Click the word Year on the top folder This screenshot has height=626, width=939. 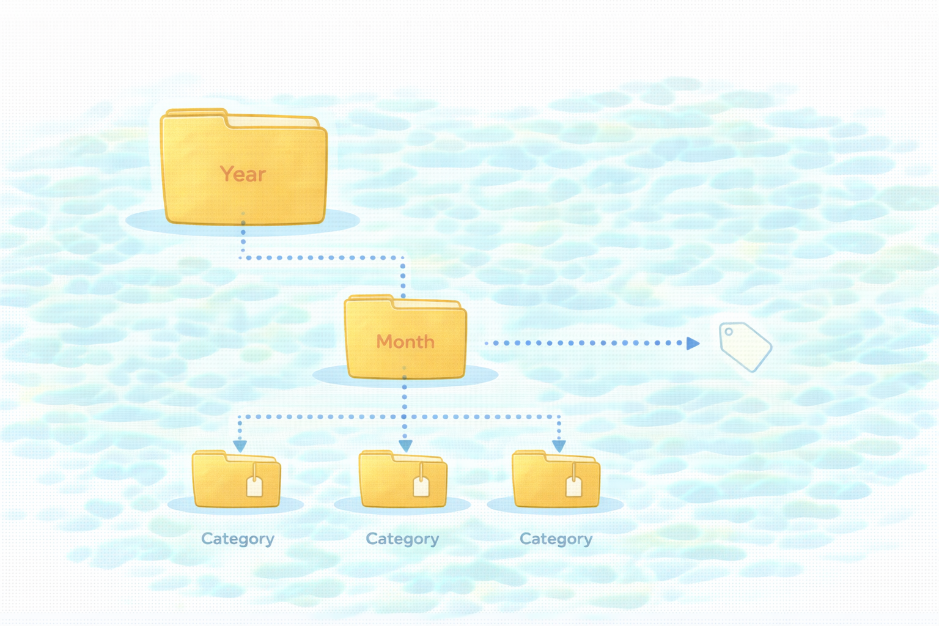(x=243, y=174)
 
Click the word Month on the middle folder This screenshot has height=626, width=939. (x=405, y=341)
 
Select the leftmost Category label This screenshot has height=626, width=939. (x=238, y=539)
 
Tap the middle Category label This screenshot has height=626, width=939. (x=402, y=539)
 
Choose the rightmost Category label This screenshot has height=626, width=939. (x=556, y=539)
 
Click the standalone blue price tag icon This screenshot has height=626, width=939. (x=745, y=347)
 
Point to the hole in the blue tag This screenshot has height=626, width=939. (x=729, y=332)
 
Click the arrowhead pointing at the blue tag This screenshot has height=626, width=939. (x=692, y=343)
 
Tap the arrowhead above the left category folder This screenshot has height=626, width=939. (x=240, y=446)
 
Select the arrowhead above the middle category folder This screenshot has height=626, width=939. (x=405, y=446)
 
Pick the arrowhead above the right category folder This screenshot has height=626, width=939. (x=559, y=446)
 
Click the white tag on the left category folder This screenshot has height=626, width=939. (x=254, y=486)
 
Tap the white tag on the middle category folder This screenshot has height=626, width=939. (x=421, y=486)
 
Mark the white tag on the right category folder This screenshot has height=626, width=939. (x=573, y=486)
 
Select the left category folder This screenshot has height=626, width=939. (x=220, y=483)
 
